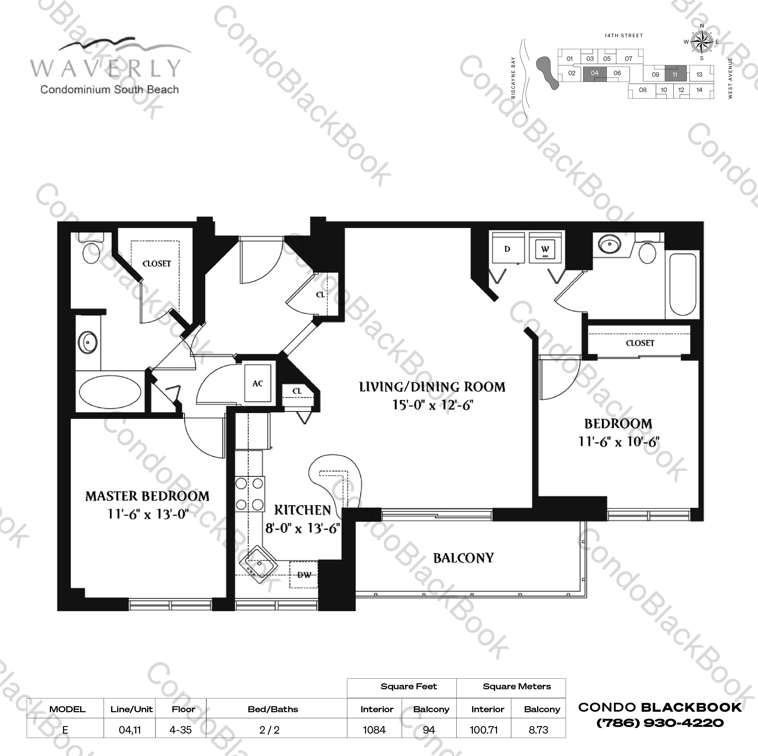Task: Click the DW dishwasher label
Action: (x=304, y=575)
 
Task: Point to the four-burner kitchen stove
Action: (x=250, y=494)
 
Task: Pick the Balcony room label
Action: (x=463, y=558)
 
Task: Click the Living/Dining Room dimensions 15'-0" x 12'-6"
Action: (x=432, y=405)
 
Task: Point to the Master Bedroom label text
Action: (x=147, y=496)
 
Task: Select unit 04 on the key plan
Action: (x=595, y=73)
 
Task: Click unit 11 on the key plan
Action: (x=675, y=74)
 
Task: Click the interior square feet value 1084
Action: (x=374, y=730)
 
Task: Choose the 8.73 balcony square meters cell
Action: (x=538, y=730)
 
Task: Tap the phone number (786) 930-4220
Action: (x=660, y=723)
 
